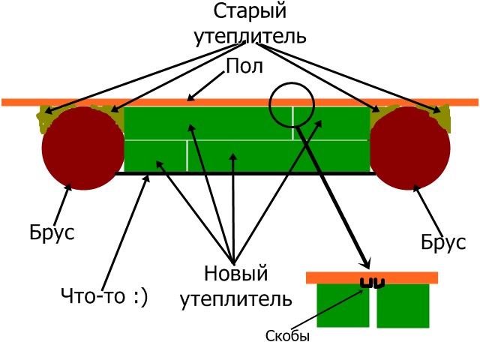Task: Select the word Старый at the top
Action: coord(251,12)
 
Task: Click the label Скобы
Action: coord(288,337)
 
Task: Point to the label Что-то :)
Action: coord(105,296)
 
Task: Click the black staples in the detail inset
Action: coord(373,283)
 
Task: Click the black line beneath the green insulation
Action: coord(247,173)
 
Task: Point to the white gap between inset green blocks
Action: coord(373,309)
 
